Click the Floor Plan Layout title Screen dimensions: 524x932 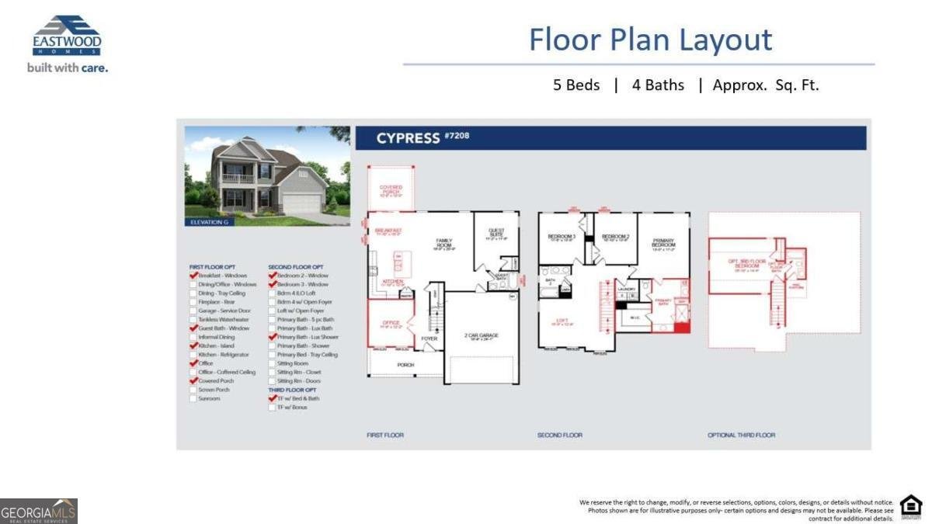click(650, 40)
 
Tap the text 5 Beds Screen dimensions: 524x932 click(576, 85)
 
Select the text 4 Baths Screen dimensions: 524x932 click(658, 85)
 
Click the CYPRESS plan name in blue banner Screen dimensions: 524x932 click(409, 138)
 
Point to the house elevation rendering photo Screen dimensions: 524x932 click(267, 176)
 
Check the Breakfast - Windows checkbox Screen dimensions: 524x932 click(193, 276)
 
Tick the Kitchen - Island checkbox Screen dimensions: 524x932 click(193, 345)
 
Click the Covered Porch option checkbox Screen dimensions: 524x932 click(193, 381)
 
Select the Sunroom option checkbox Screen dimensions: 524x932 click(193, 399)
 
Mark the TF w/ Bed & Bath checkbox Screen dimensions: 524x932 click(273, 399)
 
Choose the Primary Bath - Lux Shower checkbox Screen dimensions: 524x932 click(273, 337)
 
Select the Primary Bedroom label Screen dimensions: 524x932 click(663, 242)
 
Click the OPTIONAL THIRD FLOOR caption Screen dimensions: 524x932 click(741, 435)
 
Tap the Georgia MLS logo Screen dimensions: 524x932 click(39, 512)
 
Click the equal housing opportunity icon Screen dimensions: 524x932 click(910, 507)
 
